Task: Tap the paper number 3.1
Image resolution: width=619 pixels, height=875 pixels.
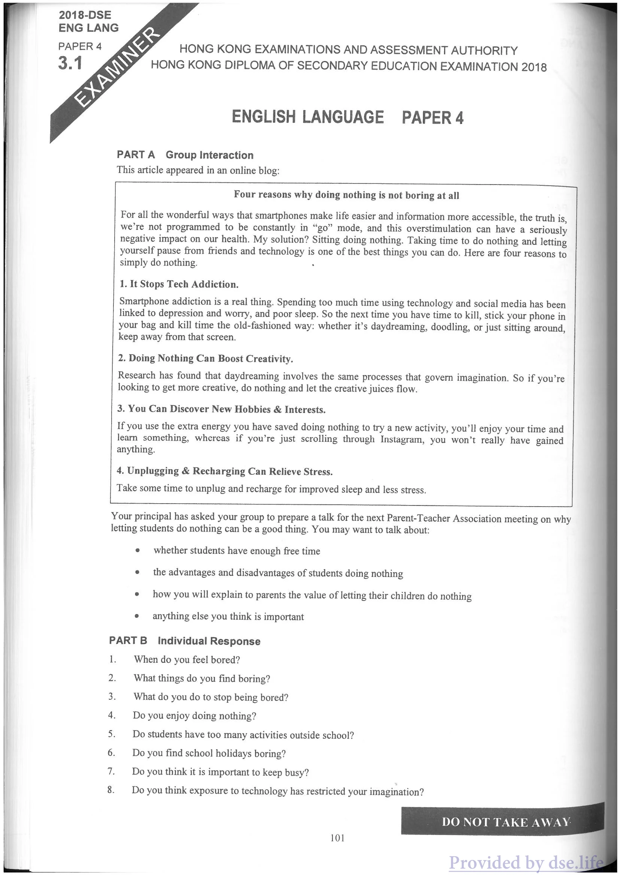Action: [70, 63]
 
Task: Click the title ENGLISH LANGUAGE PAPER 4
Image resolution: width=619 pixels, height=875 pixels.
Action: [347, 117]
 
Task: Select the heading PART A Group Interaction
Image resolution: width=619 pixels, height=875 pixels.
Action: [185, 155]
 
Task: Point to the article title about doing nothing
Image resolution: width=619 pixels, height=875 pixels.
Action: [346, 195]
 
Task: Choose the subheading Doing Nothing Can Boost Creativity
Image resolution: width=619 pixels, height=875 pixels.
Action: [206, 358]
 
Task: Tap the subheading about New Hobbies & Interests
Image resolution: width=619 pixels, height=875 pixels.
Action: [221, 409]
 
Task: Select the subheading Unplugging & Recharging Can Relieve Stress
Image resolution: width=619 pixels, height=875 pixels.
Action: [225, 471]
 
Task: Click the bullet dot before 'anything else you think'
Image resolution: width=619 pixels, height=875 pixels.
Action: [136, 616]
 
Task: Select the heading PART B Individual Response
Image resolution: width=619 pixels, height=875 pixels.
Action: [185, 641]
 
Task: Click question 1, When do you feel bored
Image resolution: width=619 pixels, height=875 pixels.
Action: [186, 660]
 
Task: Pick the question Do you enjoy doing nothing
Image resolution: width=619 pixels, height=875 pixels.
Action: [194, 716]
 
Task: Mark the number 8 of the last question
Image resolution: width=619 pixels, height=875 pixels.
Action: [110, 790]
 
